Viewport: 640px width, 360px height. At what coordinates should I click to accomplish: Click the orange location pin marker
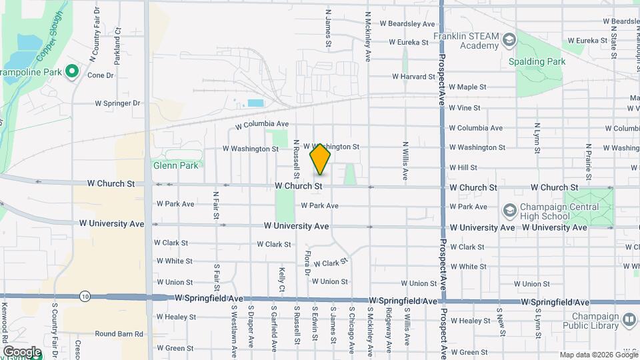click(321, 159)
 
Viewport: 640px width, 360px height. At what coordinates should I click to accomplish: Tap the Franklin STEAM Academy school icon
click(509, 41)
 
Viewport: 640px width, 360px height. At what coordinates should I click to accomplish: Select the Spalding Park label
click(537, 61)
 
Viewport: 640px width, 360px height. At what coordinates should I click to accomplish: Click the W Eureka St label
click(408, 42)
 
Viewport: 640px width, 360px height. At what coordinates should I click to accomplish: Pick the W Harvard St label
click(413, 77)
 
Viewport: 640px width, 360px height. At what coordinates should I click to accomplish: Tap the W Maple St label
click(467, 87)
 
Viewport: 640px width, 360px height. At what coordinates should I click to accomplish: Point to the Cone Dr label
click(101, 75)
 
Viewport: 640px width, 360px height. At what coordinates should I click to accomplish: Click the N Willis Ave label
click(405, 161)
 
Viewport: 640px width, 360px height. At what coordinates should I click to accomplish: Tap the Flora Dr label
click(307, 263)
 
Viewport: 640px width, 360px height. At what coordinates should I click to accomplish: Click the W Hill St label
click(463, 167)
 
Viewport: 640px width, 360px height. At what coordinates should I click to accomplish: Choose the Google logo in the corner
click(21, 351)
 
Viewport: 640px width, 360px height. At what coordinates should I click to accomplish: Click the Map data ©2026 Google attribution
click(598, 355)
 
